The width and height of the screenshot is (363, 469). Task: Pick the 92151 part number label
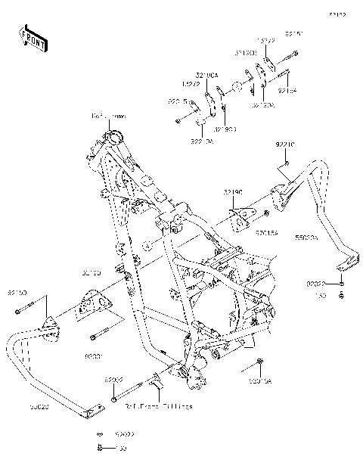tap(295, 34)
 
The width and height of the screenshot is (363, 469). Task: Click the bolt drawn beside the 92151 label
tap(291, 54)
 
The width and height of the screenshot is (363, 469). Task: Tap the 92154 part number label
tap(288, 91)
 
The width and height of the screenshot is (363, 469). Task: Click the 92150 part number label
tap(18, 291)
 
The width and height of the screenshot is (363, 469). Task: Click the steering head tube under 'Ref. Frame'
tap(115, 137)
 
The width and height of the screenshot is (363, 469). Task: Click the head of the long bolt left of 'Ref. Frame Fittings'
tap(113, 397)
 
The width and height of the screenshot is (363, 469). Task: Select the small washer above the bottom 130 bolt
tap(99, 436)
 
